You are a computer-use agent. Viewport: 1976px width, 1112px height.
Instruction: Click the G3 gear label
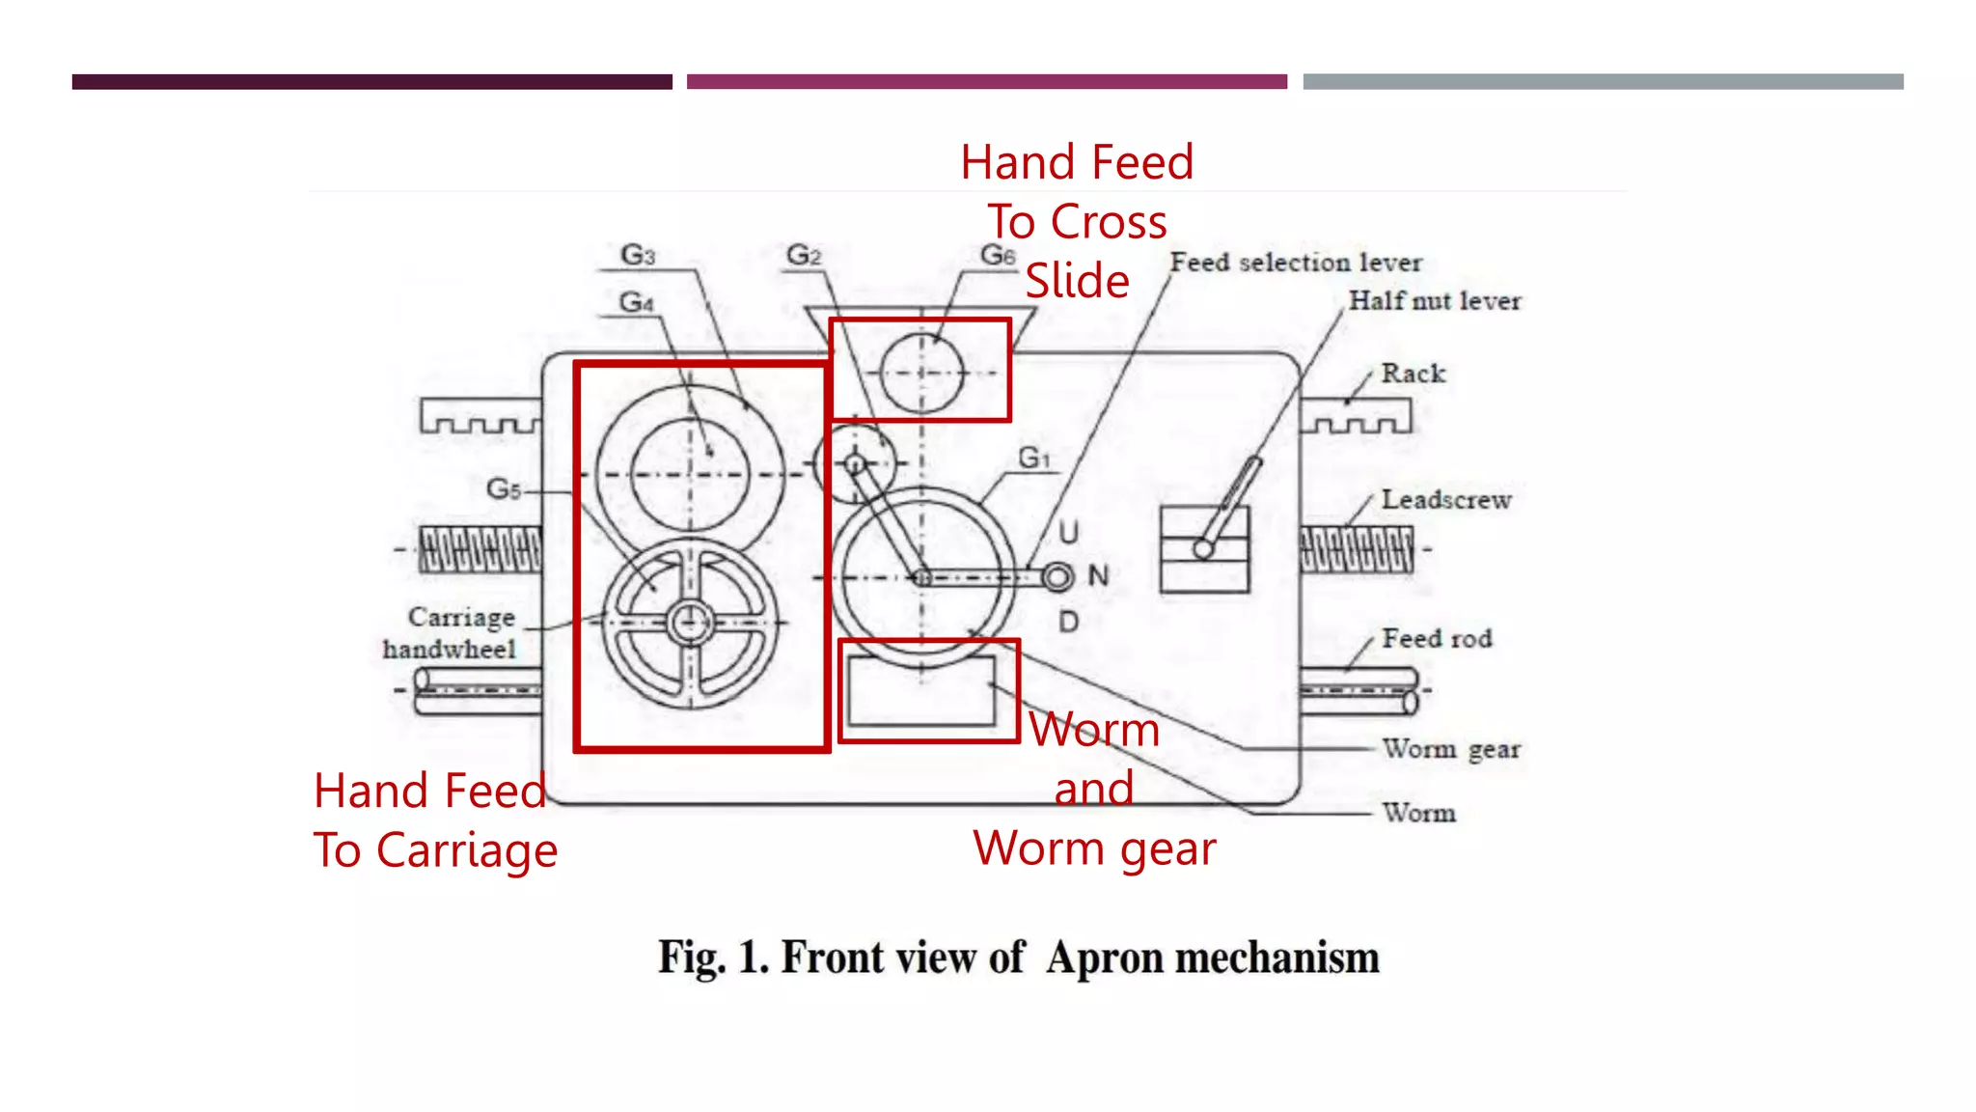pos(638,255)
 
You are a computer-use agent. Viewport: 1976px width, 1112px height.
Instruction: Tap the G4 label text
pos(637,302)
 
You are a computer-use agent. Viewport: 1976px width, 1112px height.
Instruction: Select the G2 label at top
pos(804,255)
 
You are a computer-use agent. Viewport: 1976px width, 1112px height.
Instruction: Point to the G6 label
pos(998,255)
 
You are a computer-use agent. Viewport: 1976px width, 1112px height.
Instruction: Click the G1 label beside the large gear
pos(1033,458)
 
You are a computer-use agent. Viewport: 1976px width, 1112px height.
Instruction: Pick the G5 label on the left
pos(504,488)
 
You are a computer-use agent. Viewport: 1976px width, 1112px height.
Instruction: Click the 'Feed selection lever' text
pos(1296,263)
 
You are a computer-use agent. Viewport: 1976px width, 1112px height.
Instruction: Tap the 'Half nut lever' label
pos(1434,301)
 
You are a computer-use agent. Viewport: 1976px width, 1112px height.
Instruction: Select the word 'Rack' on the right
pos(1413,374)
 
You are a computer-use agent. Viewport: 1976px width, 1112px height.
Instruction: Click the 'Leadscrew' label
pos(1445,500)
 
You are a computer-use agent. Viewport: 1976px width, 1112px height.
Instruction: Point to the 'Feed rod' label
pos(1437,638)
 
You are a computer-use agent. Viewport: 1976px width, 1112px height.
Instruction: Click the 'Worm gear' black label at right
pos(1450,749)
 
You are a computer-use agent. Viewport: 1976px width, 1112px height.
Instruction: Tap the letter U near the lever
pos(1068,532)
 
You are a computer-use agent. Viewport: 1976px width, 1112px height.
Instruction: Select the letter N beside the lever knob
pos(1098,575)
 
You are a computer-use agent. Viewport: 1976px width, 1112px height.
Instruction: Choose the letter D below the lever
pos(1068,622)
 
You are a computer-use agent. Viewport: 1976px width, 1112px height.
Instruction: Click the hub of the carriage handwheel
pos(690,623)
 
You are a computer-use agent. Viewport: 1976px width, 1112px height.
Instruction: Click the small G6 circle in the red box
pos(921,373)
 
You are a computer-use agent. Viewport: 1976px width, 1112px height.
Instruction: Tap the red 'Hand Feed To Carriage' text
pos(435,820)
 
